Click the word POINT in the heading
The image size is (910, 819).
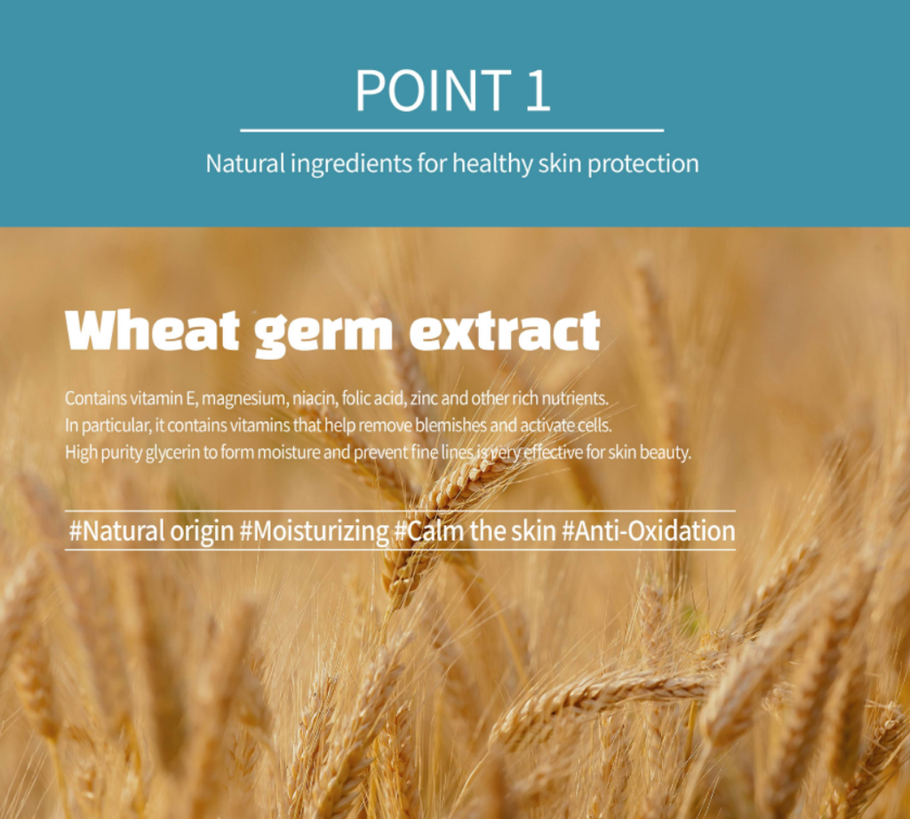[433, 90]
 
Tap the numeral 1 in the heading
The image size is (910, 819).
[538, 90]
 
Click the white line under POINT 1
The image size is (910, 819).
[452, 131]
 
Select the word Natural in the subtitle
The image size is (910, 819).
[245, 163]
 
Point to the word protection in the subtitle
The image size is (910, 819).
[643, 164]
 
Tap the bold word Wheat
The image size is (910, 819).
[152, 330]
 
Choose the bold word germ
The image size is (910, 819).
[323, 334]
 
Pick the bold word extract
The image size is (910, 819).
[505, 330]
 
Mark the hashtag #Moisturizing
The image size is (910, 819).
[314, 531]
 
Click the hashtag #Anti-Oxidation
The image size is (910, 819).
[648, 530]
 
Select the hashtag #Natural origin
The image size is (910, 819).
[151, 531]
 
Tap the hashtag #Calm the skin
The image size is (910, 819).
[475, 530]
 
